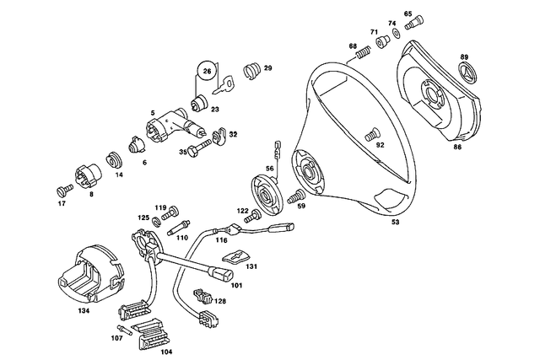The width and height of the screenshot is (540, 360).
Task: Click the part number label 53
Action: point(397,223)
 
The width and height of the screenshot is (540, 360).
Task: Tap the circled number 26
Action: point(205,73)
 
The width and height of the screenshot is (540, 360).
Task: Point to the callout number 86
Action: point(457,147)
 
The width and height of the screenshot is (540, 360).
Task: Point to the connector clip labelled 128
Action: point(203,296)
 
